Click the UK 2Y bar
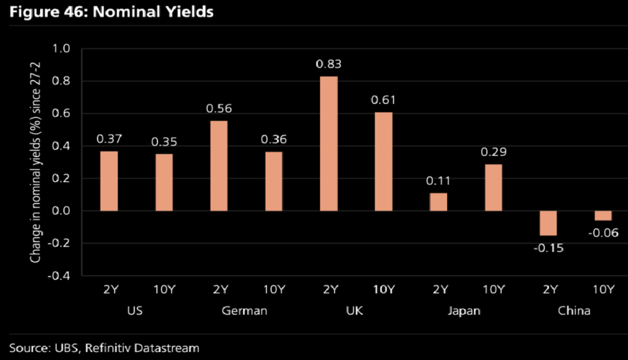tap(329, 143)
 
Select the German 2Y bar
tap(219, 166)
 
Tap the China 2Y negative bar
tap(548, 223)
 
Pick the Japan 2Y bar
tap(438, 202)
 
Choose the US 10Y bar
tap(164, 182)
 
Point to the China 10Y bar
tap(603, 215)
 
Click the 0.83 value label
tap(329, 64)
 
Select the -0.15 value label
tap(548, 248)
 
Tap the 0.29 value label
tap(494, 152)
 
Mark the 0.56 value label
tap(219, 109)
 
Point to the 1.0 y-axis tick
tap(61, 48)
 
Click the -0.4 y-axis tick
tap(59, 276)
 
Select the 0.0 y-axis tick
tap(61, 211)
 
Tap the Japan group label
tap(464, 311)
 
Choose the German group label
tap(244, 311)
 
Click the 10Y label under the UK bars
tap(384, 289)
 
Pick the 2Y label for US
tap(111, 289)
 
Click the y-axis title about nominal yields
tap(35, 162)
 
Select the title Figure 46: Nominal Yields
tap(111, 12)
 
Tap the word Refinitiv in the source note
tap(108, 348)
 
